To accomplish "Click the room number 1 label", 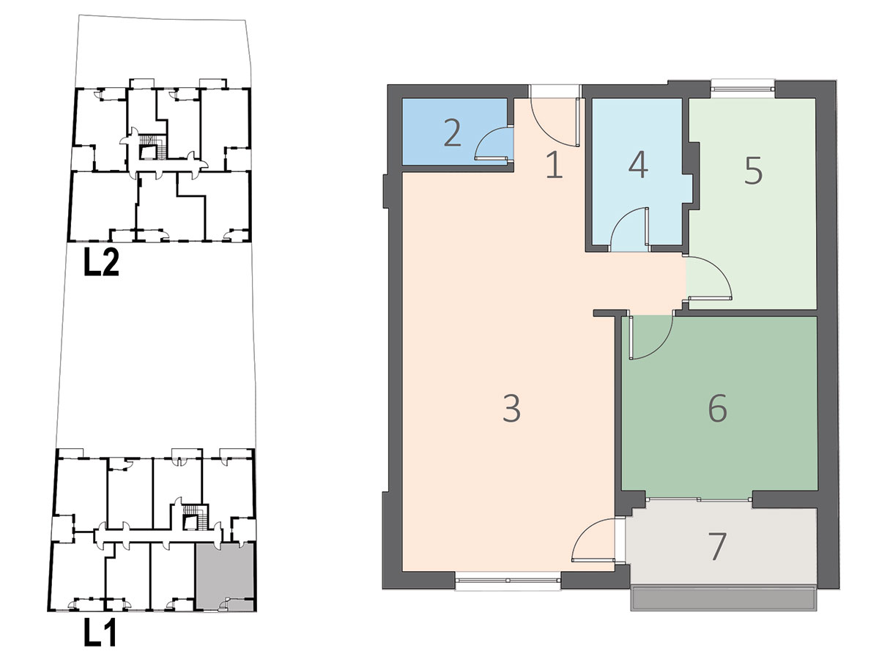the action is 555,165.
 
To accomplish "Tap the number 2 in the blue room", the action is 453,134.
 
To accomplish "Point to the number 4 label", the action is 638,165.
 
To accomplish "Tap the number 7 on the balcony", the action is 717,546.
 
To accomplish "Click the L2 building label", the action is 101,262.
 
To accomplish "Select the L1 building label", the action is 100,632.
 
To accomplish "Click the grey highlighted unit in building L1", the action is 224,576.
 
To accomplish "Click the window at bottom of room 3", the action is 508,580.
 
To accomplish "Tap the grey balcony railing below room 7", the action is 717,598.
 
